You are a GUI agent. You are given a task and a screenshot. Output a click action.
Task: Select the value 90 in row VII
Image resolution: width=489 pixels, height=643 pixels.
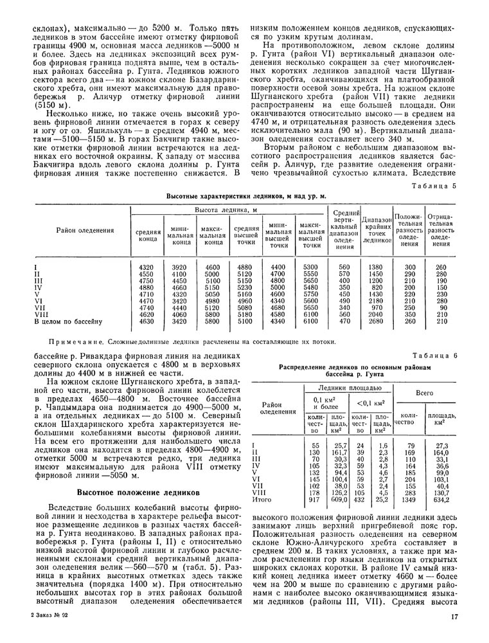(x=441, y=307)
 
